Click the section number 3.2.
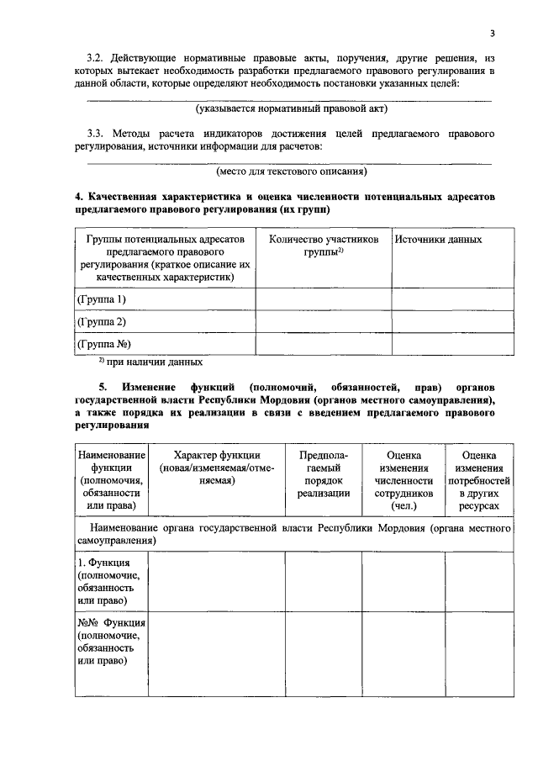tap(99, 61)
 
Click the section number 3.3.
tap(99, 134)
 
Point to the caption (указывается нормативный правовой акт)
tap(291, 109)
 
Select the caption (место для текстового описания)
tap(291, 172)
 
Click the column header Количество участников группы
tap(324, 246)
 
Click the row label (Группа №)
tap(104, 344)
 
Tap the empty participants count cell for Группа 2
tap(324, 322)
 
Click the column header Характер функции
tap(217, 467)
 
